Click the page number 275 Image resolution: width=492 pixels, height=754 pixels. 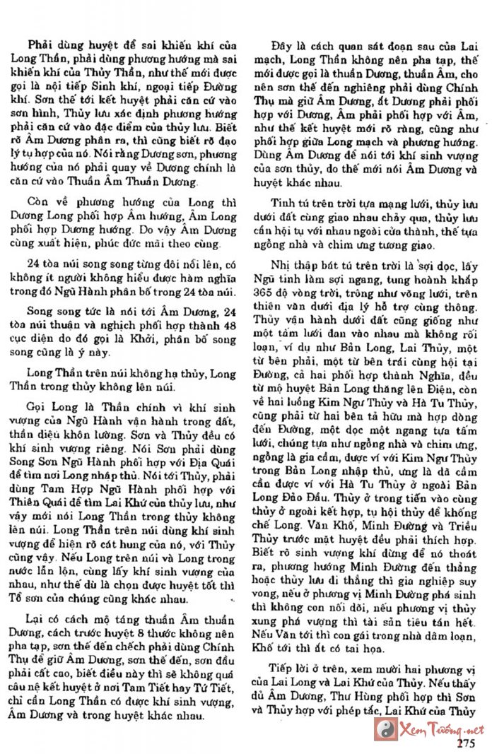click(466, 742)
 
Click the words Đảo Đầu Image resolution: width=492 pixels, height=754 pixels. click(315, 533)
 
